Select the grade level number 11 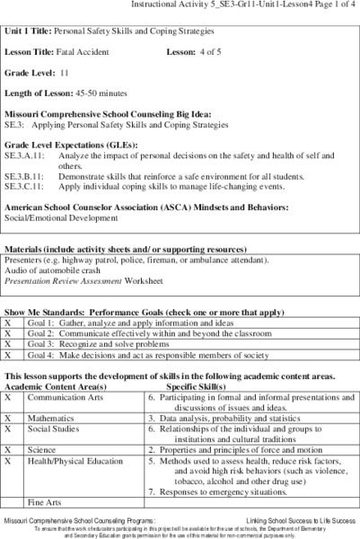(x=65, y=73)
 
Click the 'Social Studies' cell (x=54, y=429)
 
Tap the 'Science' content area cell (x=42, y=449)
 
